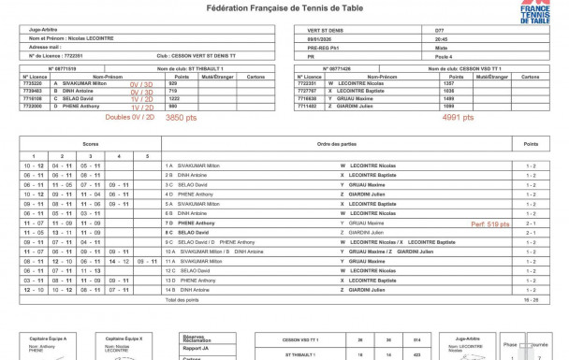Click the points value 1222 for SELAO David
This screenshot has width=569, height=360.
[172, 97]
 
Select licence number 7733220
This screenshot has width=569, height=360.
[34, 82]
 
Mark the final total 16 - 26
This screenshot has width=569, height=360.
[531, 300]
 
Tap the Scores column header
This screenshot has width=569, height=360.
[90, 143]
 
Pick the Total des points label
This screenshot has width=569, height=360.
[182, 300]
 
